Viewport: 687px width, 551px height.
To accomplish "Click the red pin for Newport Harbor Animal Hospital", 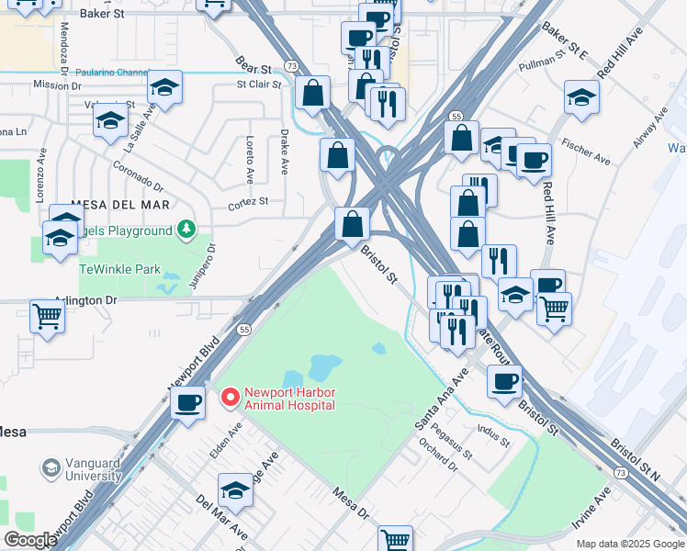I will coord(229,398).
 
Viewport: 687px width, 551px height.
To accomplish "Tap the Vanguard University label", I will coord(81,470).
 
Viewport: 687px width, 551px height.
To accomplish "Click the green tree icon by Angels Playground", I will coord(186,228).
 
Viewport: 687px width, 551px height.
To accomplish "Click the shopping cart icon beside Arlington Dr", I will coord(47,317).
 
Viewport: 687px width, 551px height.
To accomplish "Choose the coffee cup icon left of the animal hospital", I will coord(188,402).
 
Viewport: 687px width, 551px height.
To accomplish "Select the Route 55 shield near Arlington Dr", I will coord(243,329).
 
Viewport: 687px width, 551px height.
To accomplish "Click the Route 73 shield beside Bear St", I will coord(290,66).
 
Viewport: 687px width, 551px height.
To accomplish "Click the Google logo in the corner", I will coord(30,540).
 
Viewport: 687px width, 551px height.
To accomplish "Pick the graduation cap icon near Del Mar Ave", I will coord(235,493).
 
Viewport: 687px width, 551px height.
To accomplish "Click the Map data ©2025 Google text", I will coord(629,544).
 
